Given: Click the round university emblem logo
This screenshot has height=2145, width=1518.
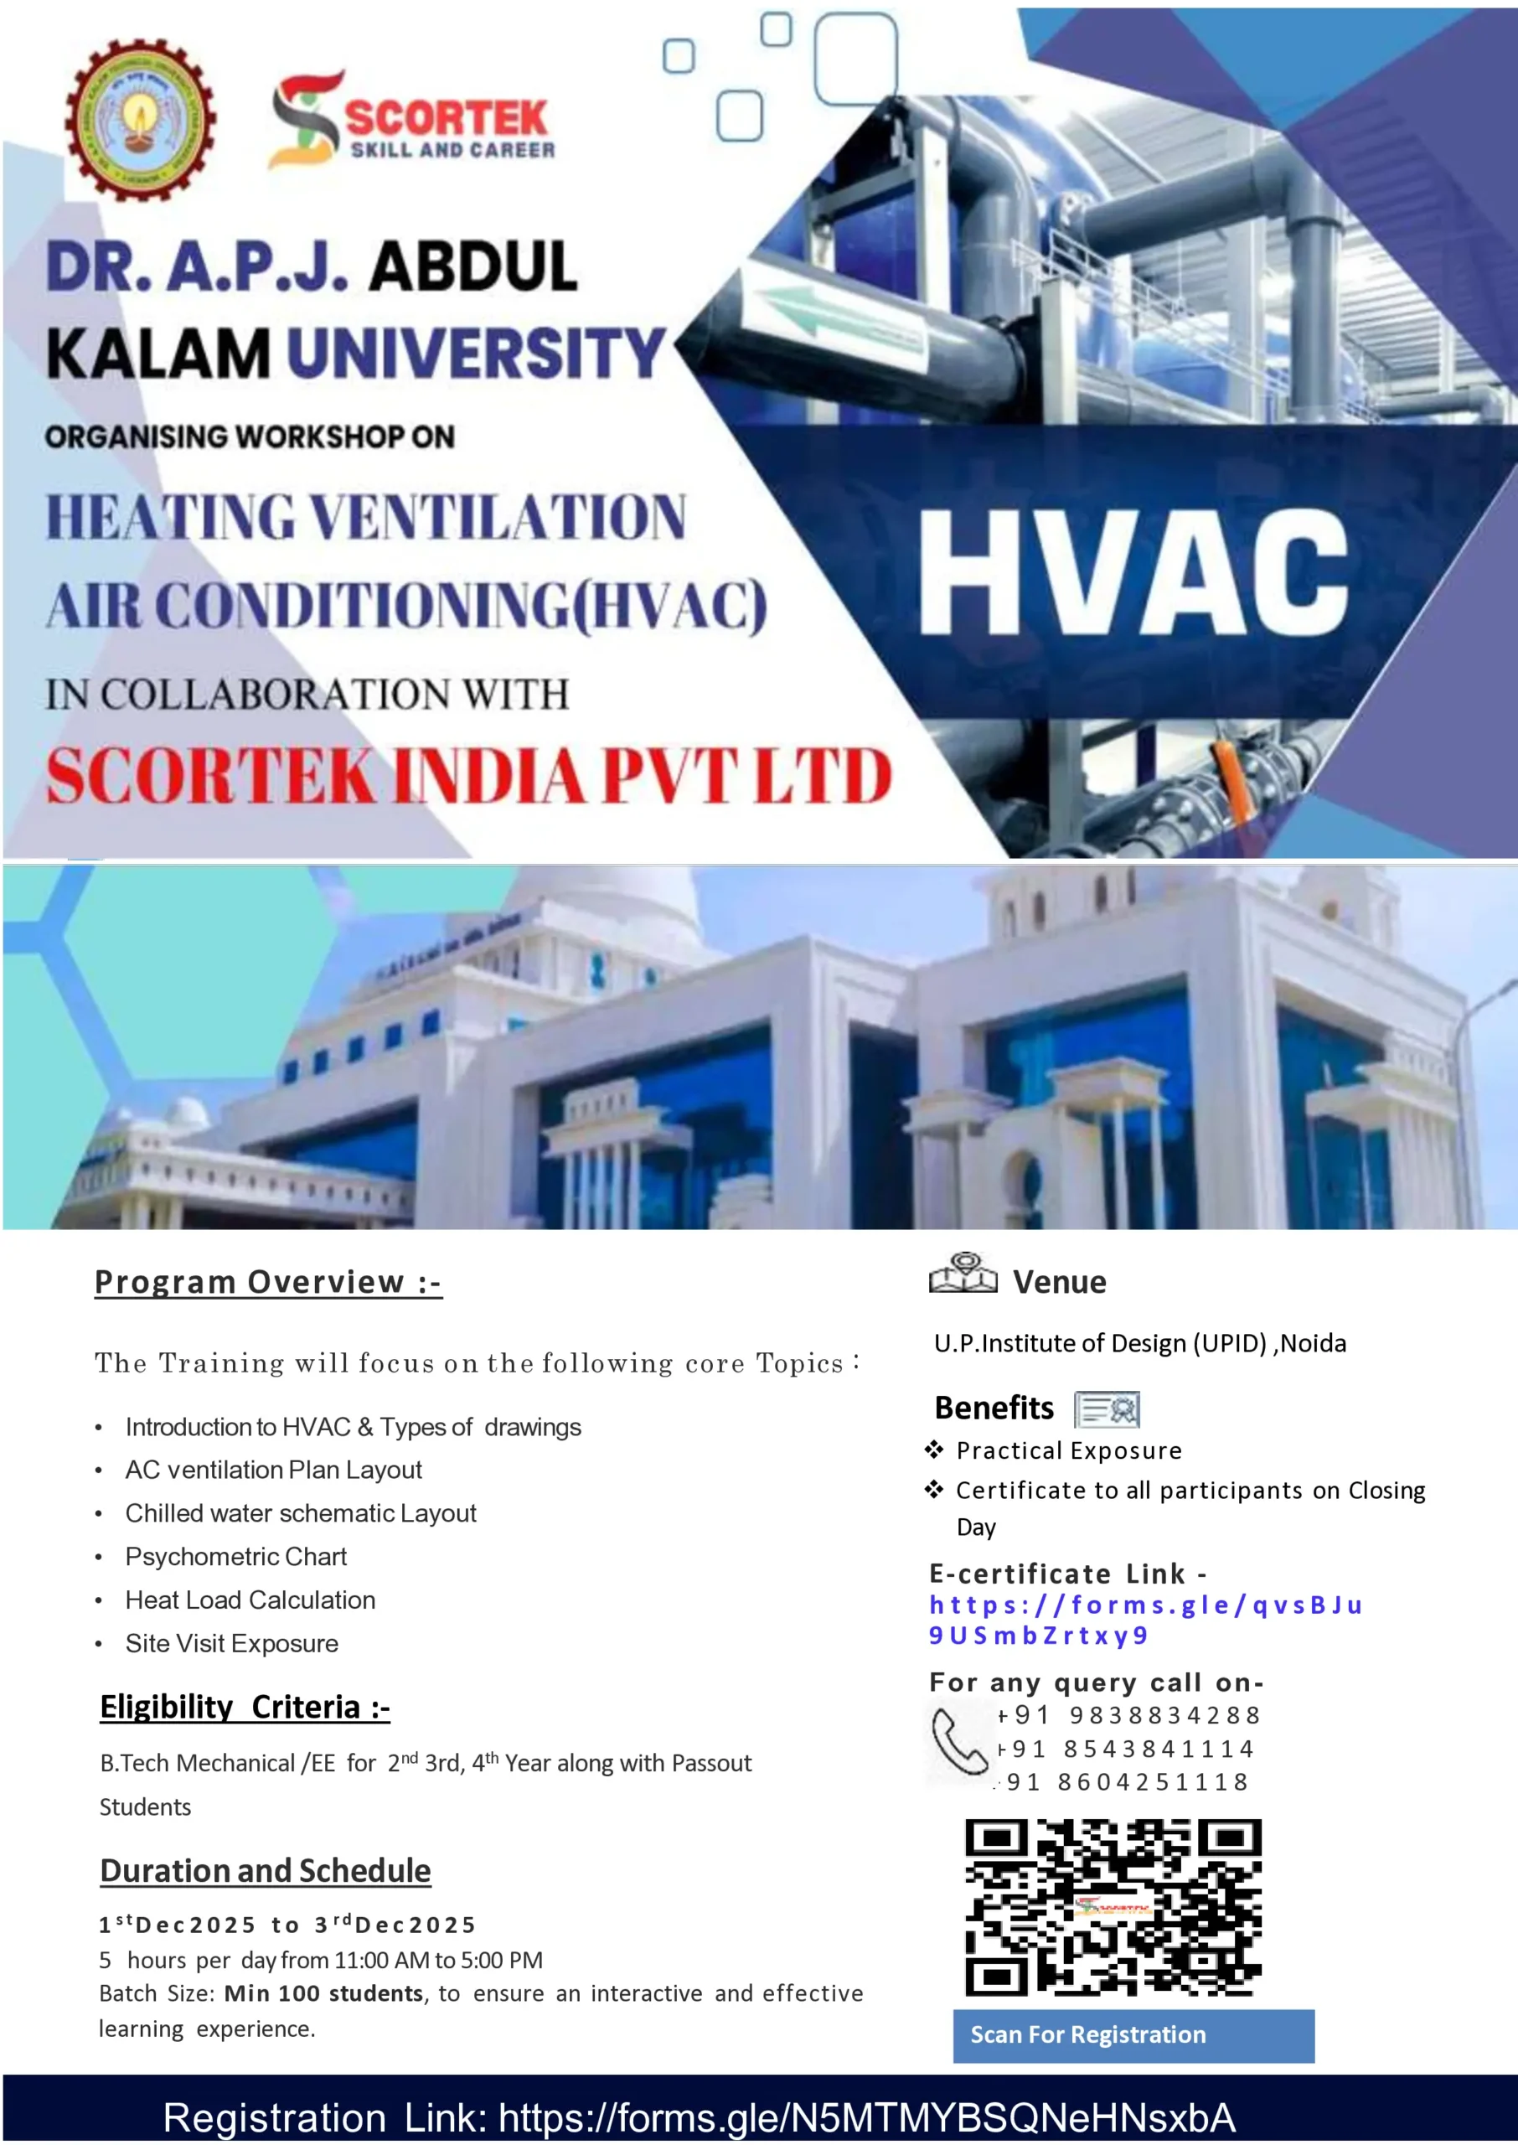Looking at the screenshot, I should [x=140, y=120].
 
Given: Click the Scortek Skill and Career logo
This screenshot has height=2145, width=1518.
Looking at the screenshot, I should [x=411, y=121].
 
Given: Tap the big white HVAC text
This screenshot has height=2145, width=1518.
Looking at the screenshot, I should [x=1133, y=572].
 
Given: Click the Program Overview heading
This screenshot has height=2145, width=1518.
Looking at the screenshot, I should [x=267, y=1281].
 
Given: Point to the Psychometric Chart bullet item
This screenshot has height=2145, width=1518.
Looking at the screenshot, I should [x=235, y=1556].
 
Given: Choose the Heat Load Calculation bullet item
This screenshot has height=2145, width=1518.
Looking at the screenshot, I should [x=250, y=1600].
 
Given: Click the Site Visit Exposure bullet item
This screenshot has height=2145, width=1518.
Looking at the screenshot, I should [x=231, y=1643].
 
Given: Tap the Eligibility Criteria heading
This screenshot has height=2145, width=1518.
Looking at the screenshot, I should [x=245, y=1707].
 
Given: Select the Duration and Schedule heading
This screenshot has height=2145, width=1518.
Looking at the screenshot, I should [x=266, y=1870].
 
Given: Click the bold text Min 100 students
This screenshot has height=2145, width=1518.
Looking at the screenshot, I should [x=323, y=1993].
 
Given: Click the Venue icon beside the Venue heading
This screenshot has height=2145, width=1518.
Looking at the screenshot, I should [x=963, y=1274].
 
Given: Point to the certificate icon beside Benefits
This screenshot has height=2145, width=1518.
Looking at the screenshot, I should [x=1107, y=1408].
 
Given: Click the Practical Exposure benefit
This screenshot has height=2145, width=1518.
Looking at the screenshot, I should [x=1068, y=1450].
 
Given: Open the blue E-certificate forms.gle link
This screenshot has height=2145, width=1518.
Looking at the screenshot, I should [x=1145, y=1620].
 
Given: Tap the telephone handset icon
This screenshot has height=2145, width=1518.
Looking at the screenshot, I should [x=959, y=1742].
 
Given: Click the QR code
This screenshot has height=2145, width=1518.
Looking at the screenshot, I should [x=1113, y=1907].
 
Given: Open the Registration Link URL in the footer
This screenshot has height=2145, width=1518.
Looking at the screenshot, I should [x=866, y=2117].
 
